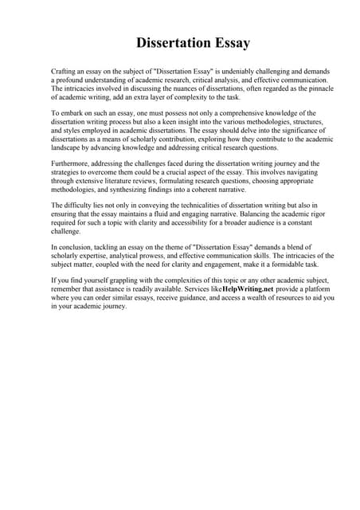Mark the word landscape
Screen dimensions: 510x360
click(67, 148)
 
